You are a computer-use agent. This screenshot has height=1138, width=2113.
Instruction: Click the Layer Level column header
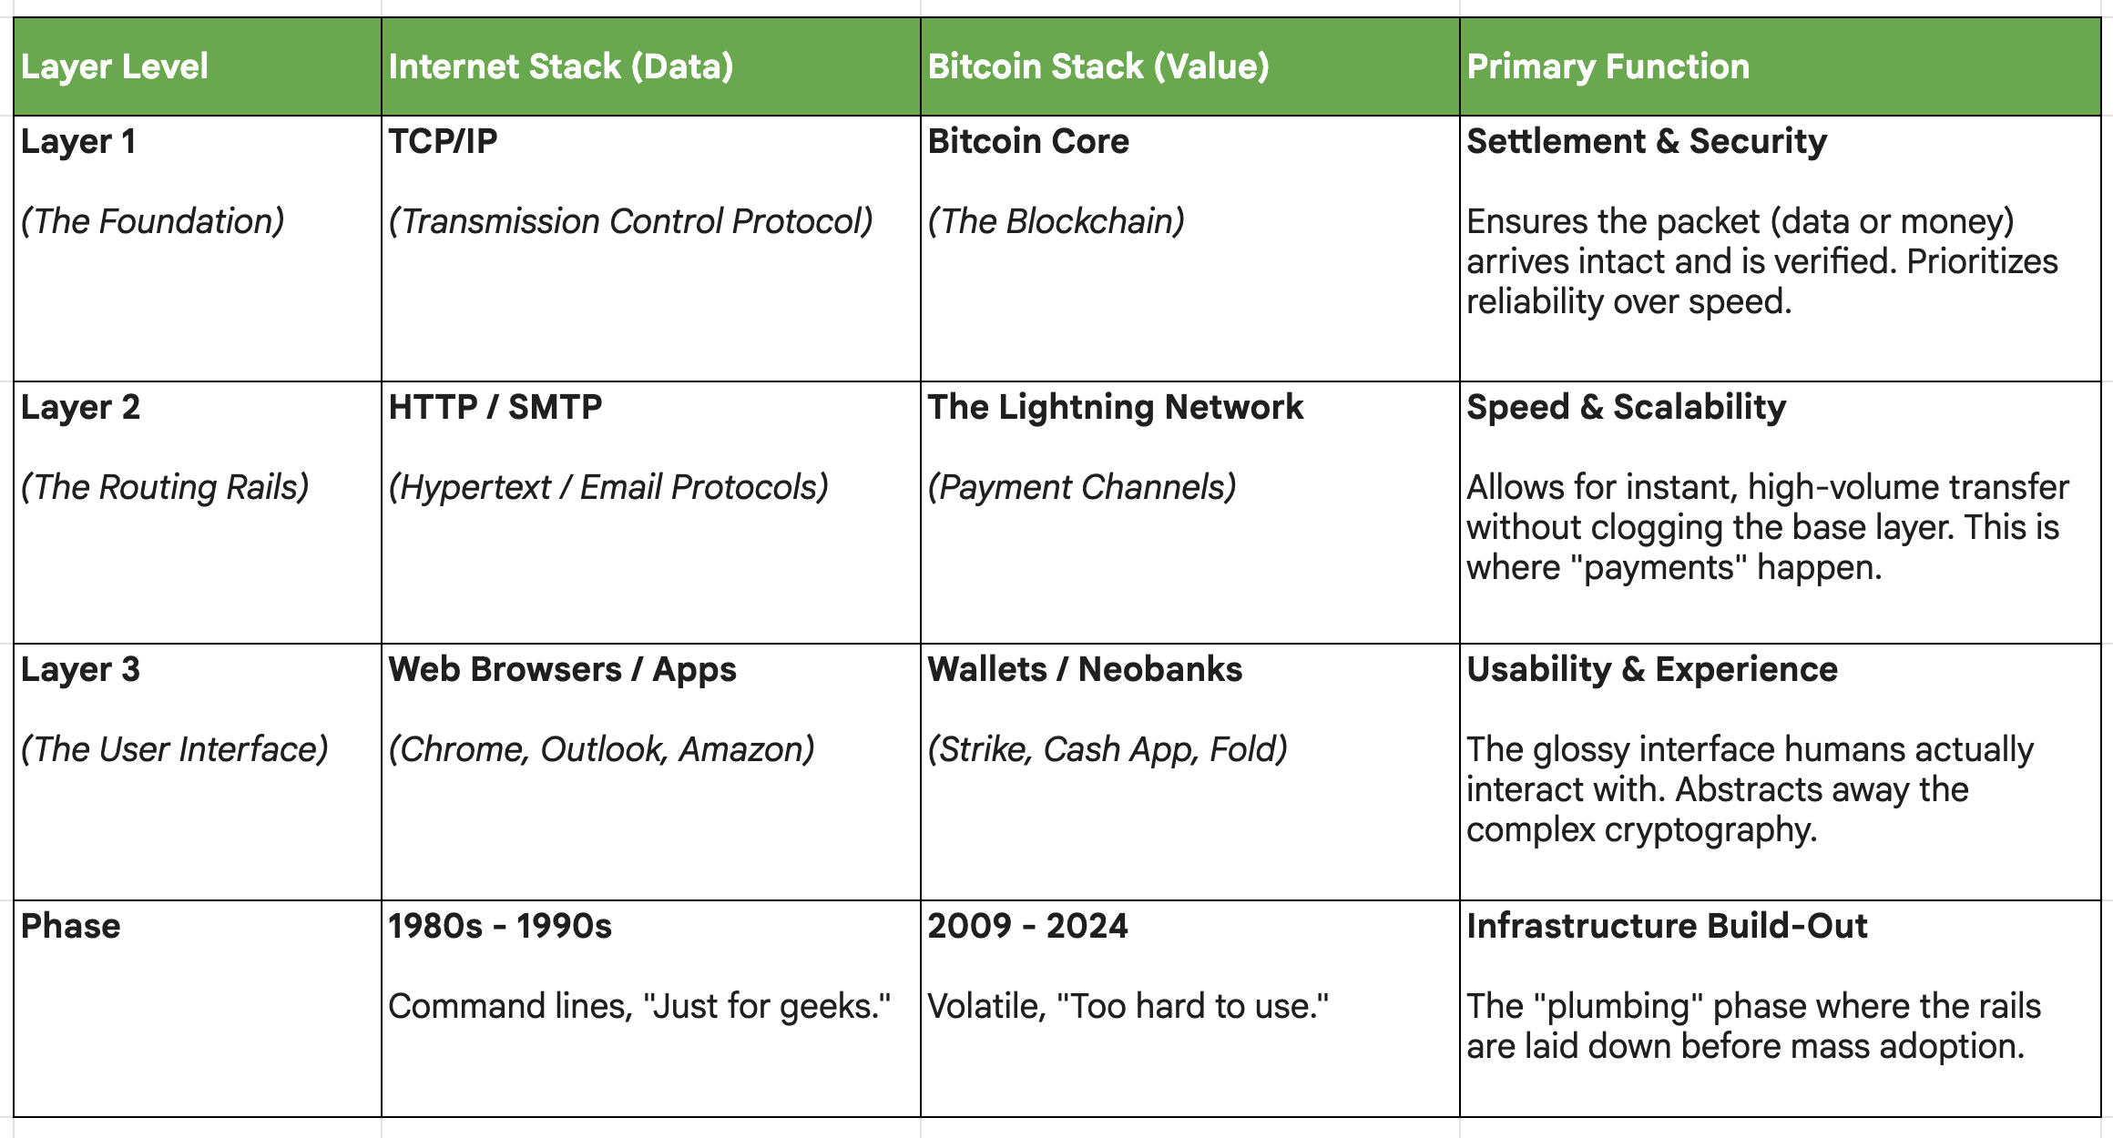click(x=115, y=66)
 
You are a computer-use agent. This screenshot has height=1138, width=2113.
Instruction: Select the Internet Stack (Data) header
click(x=560, y=66)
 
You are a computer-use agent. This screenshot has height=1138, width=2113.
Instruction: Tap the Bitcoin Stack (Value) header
click(x=1097, y=66)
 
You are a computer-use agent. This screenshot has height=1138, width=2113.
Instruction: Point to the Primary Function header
click(x=1608, y=66)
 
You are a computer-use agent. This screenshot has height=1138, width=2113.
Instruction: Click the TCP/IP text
click(x=443, y=141)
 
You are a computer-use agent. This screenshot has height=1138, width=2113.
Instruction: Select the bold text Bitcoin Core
click(x=1028, y=141)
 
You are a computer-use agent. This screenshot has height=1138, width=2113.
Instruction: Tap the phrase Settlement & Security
click(x=1647, y=141)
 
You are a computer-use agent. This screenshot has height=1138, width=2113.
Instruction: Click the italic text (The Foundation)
click(x=152, y=221)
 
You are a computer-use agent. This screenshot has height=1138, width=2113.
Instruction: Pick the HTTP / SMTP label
click(x=495, y=407)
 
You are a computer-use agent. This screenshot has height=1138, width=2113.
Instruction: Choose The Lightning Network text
click(x=1116, y=407)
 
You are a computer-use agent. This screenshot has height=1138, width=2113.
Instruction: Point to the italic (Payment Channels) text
click(x=1082, y=487)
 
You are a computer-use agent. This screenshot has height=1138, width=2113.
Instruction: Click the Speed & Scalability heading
click(x=1626, y=407)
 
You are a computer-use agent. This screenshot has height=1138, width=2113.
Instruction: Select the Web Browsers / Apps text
click(x=562, y=669)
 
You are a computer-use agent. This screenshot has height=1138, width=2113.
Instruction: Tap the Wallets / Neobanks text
click(x=1085, y=669)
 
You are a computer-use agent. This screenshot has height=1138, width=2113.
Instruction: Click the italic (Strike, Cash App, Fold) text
click(x=1108, y=749)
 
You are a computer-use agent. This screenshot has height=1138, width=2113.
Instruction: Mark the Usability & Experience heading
click(x=1652, y=669)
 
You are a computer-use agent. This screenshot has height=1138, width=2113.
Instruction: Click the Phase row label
click(x=70, y=926)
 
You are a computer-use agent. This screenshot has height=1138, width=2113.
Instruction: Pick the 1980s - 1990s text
click(x=500, y=926)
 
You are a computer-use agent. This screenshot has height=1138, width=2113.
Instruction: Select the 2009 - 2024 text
click(x=1027, y=926)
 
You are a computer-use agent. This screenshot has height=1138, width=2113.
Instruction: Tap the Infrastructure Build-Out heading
click(x=1667, y=926)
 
